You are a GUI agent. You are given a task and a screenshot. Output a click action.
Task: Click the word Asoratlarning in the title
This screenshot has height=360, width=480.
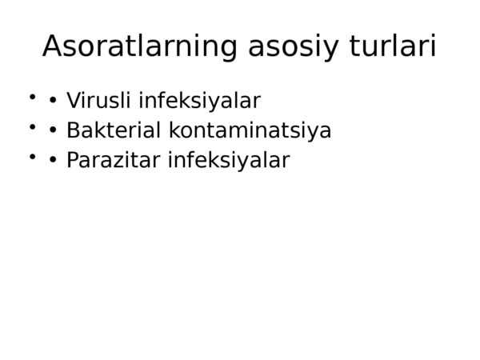(x=140, y=46)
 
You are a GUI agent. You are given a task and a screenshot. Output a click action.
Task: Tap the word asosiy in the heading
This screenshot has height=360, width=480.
(x=294, y=47)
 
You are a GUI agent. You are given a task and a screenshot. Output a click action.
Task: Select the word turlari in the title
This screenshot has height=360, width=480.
(x=393, y=46)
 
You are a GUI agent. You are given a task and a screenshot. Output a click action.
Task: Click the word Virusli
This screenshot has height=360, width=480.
(x=98, y=100)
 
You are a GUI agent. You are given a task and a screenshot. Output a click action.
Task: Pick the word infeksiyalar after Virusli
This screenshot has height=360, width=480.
(x=199, y=101)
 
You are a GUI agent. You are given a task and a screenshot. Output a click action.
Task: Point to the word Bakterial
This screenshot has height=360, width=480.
(x=114, y=130)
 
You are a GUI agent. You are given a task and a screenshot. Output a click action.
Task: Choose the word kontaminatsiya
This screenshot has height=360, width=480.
(x=250, y=131)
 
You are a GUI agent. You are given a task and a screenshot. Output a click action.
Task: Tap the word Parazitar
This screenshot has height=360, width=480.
(x=114, y=160)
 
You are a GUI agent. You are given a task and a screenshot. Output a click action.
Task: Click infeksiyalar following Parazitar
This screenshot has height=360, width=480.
(x=229, y=161)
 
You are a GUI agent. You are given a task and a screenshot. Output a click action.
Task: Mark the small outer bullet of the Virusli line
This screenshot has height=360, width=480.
(x=32, y=97)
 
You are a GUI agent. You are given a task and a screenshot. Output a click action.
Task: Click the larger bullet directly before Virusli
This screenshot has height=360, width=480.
(x=53, y=101)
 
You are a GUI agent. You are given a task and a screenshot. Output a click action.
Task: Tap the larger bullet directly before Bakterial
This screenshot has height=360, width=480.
(x=53, y=130)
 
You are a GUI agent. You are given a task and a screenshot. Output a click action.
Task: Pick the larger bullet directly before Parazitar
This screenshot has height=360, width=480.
(x=53, y=160)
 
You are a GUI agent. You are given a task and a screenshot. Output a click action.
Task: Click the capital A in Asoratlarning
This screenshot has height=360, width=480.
(x=53, y=46)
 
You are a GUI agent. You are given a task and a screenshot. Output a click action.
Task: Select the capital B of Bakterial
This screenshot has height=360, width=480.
(x=73, y=130)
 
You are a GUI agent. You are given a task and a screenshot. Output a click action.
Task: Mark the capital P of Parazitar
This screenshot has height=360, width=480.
(x=73, y=160)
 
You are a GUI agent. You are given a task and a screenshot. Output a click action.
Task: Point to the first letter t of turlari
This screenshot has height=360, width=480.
(x=354, y=46)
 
